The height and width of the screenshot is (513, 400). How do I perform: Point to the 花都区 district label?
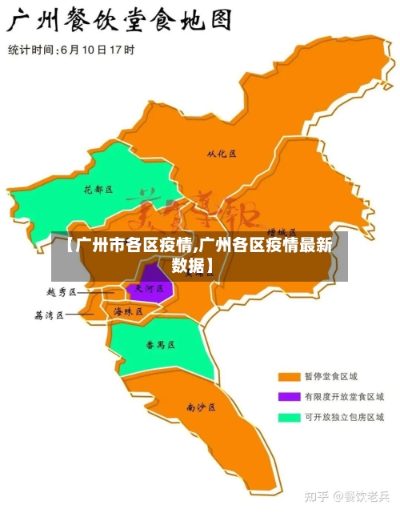click(98, 190)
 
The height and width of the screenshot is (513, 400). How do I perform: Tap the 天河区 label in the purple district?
click(150, 288)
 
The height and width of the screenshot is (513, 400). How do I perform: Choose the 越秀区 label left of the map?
click(61, 293)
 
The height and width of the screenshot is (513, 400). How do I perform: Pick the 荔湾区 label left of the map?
click(49, 315)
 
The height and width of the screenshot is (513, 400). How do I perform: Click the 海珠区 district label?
click(127, 311)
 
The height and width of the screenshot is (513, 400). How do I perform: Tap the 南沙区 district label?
click(201, 407)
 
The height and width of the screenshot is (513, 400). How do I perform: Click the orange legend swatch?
click(288, 376)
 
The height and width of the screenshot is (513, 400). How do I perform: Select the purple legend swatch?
click(288, 396)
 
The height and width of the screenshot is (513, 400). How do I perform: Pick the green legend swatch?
click(288, 417)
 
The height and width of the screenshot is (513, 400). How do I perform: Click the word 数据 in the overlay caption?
click(189, 265)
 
